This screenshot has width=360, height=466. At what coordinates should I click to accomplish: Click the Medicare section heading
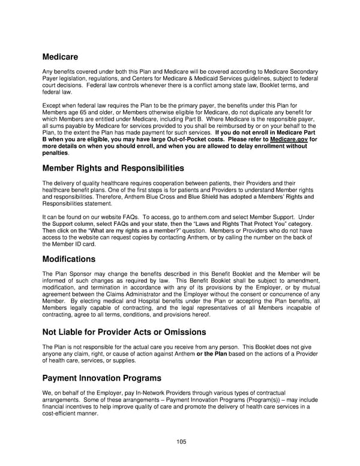pos(61,58)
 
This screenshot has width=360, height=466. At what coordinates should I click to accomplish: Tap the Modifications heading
pos(69,259)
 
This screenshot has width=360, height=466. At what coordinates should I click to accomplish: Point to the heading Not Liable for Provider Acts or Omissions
pos(124,332)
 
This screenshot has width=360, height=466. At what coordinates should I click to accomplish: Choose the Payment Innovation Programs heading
pos(102,378)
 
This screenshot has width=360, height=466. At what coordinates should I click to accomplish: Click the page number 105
pos(181,441)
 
